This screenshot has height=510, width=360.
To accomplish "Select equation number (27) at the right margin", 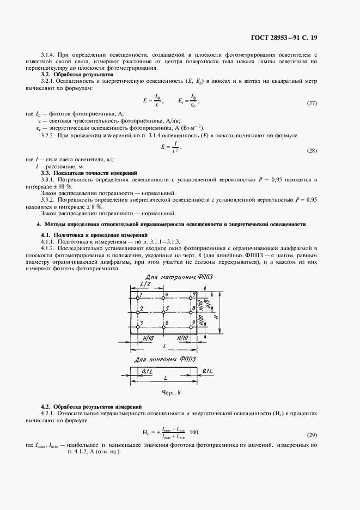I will (312, 104).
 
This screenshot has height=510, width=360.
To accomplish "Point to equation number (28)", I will (312, 150).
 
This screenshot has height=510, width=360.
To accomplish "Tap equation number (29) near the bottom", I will (312, 435).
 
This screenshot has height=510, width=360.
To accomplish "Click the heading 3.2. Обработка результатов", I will (77, 74).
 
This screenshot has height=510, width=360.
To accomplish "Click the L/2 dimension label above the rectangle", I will (145, 285).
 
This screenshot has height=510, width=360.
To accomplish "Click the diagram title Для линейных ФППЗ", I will (164, 360).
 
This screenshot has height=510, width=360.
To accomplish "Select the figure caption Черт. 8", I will (171, 392).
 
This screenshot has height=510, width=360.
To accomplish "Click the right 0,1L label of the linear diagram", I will (206, 371).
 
